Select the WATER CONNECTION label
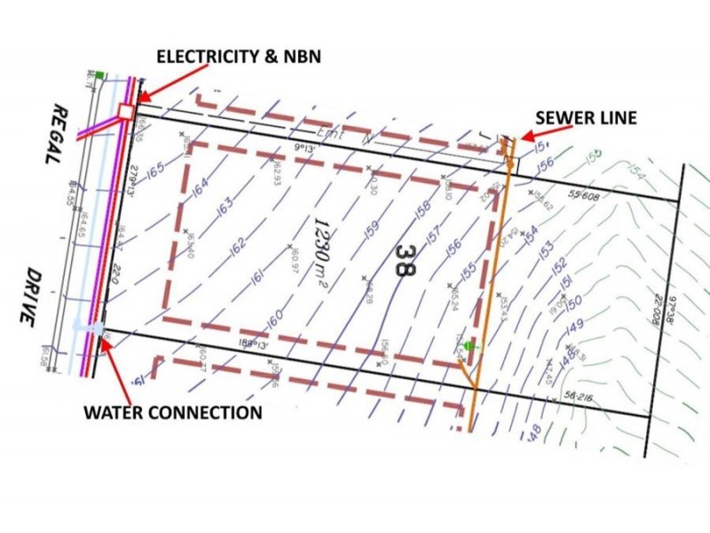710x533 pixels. (x=173, y=412)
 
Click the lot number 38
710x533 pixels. (x=405, y=261)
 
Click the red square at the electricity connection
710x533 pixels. (x=125, y=111)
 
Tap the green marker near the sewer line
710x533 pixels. (x=469, y=346)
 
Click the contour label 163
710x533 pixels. (x=225, y=205)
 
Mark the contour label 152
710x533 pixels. (x=559, y=265)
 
